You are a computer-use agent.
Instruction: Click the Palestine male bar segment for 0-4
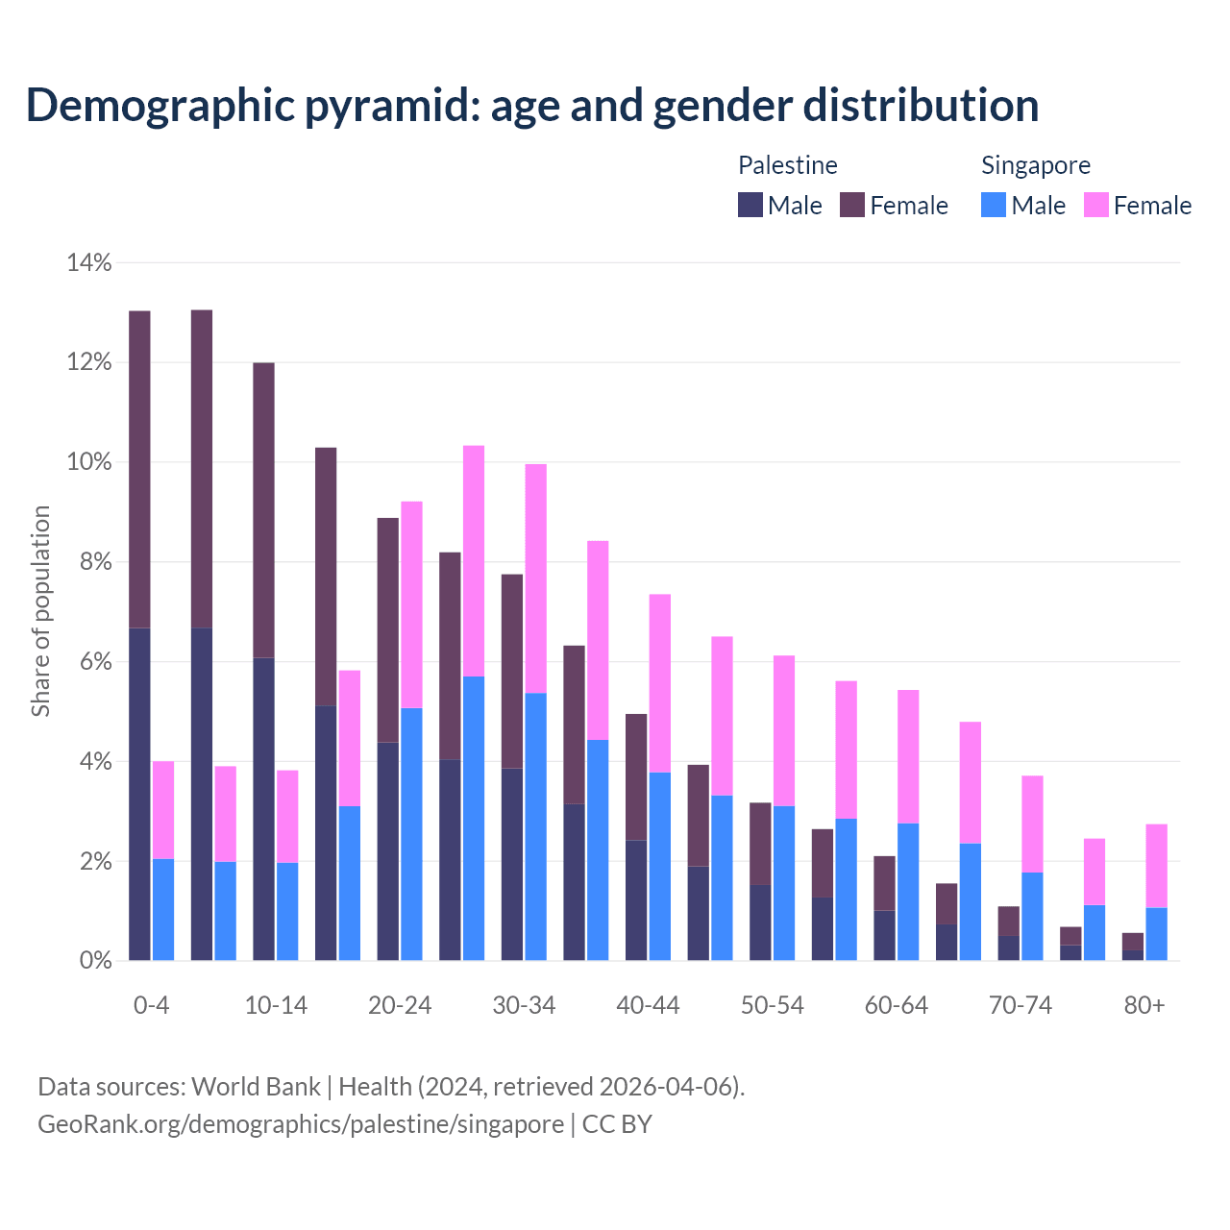[x=139, y=794]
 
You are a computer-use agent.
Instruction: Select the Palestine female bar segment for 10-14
[x=263, y=510]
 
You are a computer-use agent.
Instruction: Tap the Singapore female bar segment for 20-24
[x=411, y=604]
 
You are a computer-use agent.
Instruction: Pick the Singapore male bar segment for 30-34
[x=536, y=826]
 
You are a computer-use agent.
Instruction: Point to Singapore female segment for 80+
[x=1157, y=866]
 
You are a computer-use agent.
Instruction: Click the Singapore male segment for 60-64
[x=908, y=892]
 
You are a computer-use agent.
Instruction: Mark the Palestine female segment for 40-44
[x=636, y=776]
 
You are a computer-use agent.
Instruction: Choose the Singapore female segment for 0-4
[x=163, y=810]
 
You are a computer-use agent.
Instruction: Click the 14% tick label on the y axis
[x=89, y=262]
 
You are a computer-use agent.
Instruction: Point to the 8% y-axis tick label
[x=95, y=562]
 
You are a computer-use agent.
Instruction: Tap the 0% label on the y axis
[x=95, y=960]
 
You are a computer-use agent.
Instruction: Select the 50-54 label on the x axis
[x=772, y=1006]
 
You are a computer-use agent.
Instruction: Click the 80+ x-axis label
[x=1144, y=1006]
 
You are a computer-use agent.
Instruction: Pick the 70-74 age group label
[x=1021, y=1006]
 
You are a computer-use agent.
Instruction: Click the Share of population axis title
[x=41, y=611]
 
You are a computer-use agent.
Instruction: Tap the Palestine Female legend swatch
[x=852, y=205]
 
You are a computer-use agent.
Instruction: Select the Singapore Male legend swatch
[x=994, y=205]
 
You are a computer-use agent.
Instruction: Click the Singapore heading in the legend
[x=1035, y=165]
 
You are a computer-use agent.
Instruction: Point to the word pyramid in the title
[x=390, y=106]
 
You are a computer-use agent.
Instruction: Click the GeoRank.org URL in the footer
[x=301, y=1123]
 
